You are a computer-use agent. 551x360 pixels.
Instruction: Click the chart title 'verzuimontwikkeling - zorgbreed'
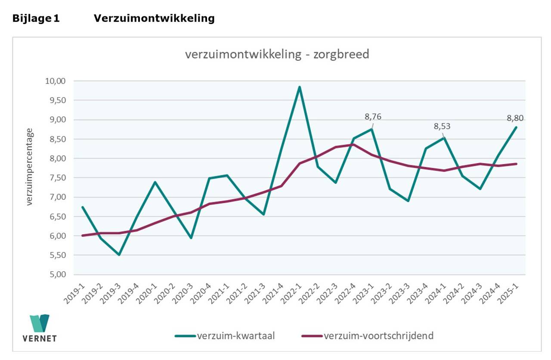277,55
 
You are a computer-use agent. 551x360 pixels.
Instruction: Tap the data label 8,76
373,117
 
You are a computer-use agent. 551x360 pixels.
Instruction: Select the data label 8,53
442,127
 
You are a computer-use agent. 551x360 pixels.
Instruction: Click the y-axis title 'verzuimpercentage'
29,166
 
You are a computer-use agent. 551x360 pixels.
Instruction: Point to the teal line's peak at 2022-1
300,87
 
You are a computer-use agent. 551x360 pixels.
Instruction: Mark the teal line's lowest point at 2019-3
119,255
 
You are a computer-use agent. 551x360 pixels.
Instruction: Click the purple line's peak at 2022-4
354,145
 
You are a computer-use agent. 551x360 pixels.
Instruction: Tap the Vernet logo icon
39,323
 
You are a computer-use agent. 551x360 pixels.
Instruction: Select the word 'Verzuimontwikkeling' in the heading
154,19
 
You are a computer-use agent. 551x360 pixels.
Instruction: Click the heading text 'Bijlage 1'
36,19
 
